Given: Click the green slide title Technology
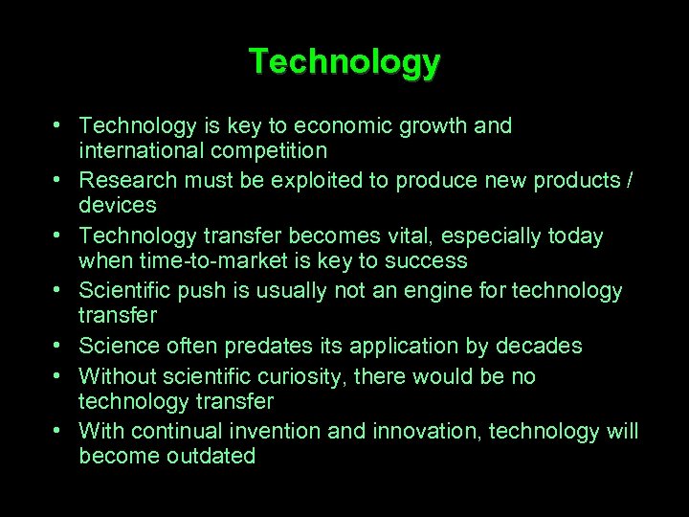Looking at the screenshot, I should click(344, 62).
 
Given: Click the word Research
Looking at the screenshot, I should click(128, 180).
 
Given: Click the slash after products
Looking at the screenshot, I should click(628, 180).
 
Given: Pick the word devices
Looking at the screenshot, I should click(118, 205).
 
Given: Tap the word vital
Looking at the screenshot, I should click(398, 236).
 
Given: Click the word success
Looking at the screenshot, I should click(429, 260).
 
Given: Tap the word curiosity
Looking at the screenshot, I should click(302, 376).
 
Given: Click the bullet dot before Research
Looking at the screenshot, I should click(59, 180).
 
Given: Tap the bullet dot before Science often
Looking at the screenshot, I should click(59, 346).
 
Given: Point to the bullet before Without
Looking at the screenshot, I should click(59, 376).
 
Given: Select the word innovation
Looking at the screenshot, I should click(421, 432).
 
